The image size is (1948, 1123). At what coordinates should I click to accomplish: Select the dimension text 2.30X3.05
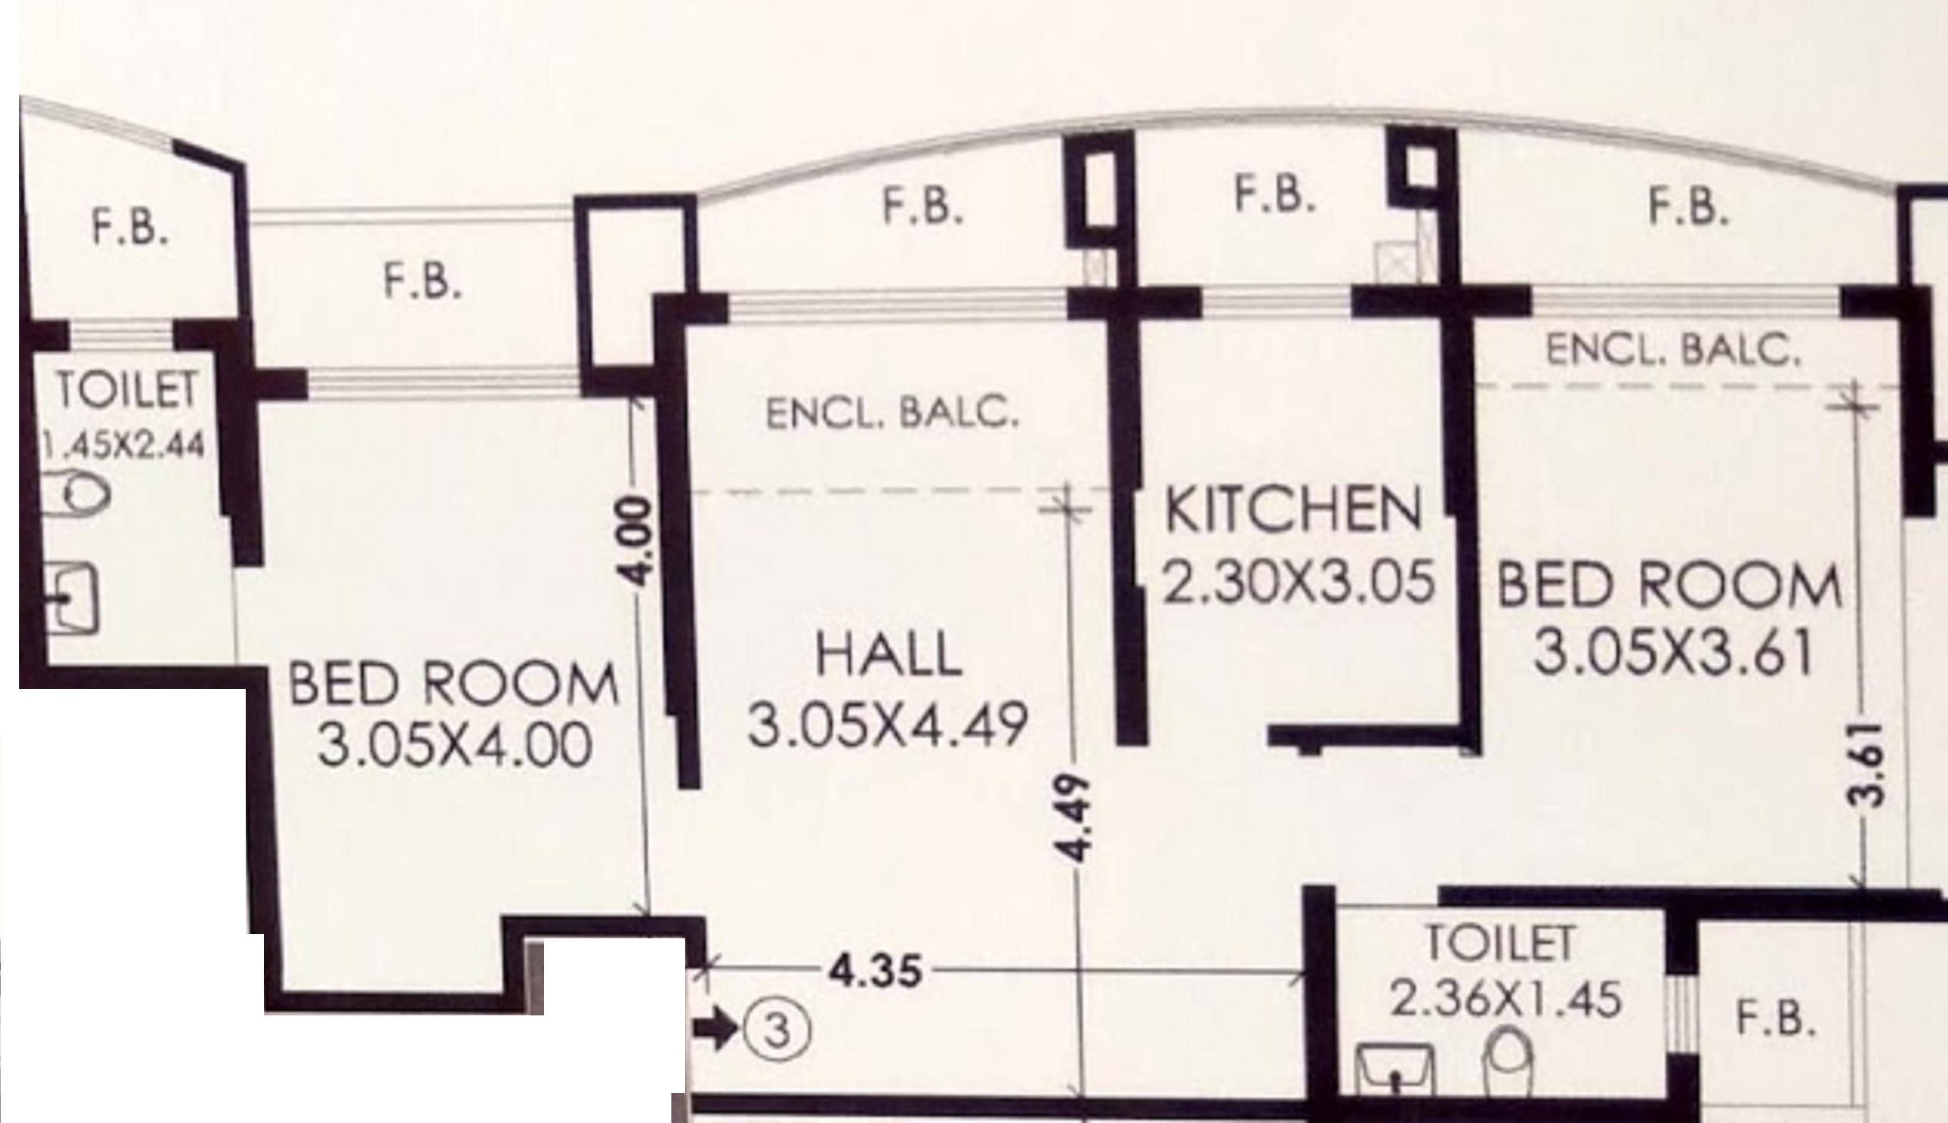click(x=1298, y=582)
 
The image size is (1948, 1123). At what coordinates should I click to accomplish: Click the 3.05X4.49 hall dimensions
click(x=888, y=725)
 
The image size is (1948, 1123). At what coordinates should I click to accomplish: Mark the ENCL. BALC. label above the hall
click(x=892, y=414)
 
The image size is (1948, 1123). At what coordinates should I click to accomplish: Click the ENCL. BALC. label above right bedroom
click(x=1673, y=349)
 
